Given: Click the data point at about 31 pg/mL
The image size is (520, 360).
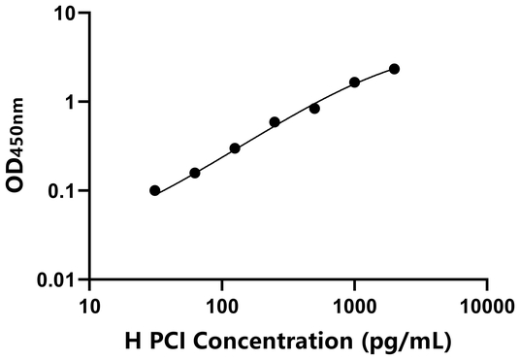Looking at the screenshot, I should (x=155, y=190).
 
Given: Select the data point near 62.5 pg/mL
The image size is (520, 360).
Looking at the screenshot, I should (x=195, y=173).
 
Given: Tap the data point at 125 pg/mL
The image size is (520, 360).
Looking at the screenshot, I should (x=235, y=148).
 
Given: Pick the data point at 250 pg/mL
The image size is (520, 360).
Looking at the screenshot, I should (x=275, y=122).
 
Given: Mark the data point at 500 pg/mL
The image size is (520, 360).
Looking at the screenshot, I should (x=314, y=109).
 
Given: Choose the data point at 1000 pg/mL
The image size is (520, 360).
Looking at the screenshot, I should (x=354, y=82).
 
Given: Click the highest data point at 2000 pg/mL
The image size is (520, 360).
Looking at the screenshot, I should (x=394, y=69).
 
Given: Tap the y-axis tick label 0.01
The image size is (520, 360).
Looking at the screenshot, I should (x=60, y=280).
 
